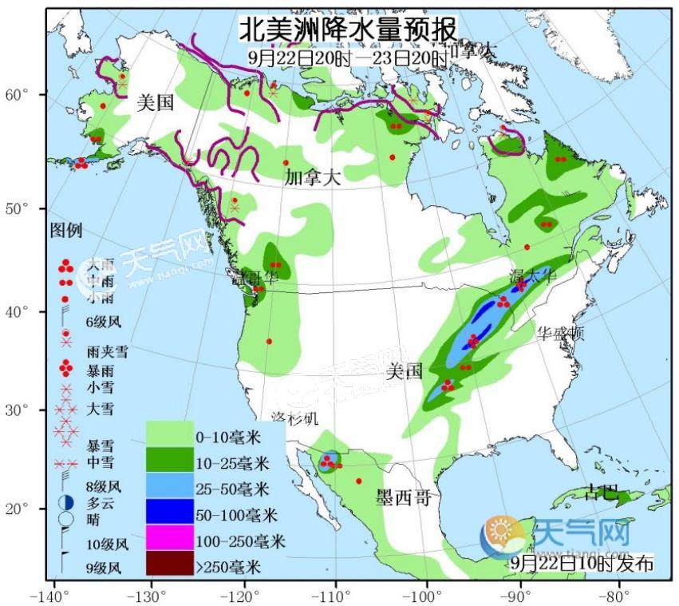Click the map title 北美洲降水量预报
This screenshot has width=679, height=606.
point(349,30)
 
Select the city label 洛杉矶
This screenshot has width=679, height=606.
point(294,418)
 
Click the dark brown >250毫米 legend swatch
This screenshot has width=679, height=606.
point(170,564)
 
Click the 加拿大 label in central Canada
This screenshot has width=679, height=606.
point(312,178)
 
